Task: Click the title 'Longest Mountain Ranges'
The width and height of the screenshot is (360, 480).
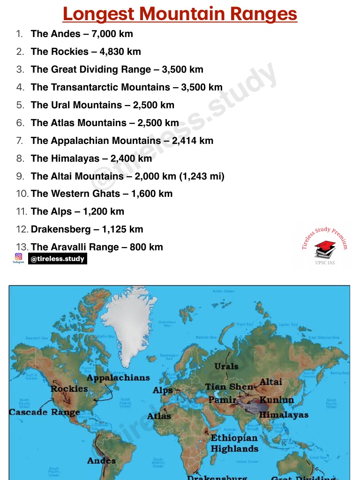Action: coord(180,14)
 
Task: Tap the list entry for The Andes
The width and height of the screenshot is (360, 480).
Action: coord(82,34)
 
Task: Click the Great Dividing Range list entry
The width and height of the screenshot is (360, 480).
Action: coord(117,69)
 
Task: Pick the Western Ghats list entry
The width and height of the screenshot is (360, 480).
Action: coord(101,194)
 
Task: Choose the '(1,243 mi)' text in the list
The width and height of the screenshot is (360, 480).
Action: coord(202,176)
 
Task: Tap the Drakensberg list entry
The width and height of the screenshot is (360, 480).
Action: coord(87,229)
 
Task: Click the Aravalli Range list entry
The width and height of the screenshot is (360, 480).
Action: coord(97,247)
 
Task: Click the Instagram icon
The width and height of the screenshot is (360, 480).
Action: coord(19,257)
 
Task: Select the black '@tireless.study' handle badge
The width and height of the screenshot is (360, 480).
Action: coord(57,259)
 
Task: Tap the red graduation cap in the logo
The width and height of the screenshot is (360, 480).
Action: coord(325,246)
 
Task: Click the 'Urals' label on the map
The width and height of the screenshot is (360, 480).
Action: coord(226,366)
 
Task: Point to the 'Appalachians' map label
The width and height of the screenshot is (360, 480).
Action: coord(118,378)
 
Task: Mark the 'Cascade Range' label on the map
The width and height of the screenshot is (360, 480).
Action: coord(44,412)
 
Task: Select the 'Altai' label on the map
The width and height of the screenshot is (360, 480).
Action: coord(271,382)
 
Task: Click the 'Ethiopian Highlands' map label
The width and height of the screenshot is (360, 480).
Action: coord(234,443)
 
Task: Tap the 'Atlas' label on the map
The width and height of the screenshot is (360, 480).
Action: coord(159,416)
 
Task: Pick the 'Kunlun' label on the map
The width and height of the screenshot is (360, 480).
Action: coord(277,400)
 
